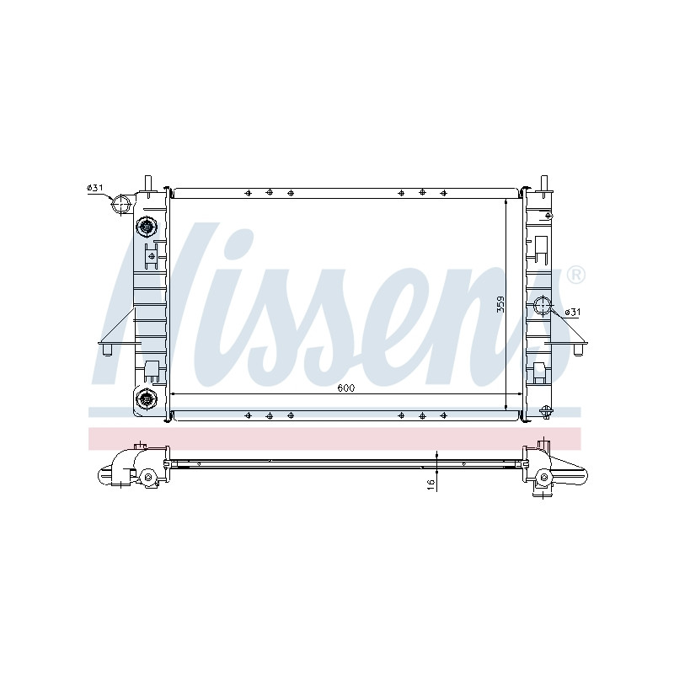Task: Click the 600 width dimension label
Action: coord(345,388)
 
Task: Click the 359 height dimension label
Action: coord(500,304)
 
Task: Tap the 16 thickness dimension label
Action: coord(431,485)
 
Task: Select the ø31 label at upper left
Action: coord(95,187)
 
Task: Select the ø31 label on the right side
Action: coord(572,312)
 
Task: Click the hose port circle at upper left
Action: coord(120,204)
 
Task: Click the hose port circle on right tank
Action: coord(542,305)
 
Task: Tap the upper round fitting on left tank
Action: coord(146,227)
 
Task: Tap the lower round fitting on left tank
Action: coord(146,399)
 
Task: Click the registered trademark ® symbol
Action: coord(575,275)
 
